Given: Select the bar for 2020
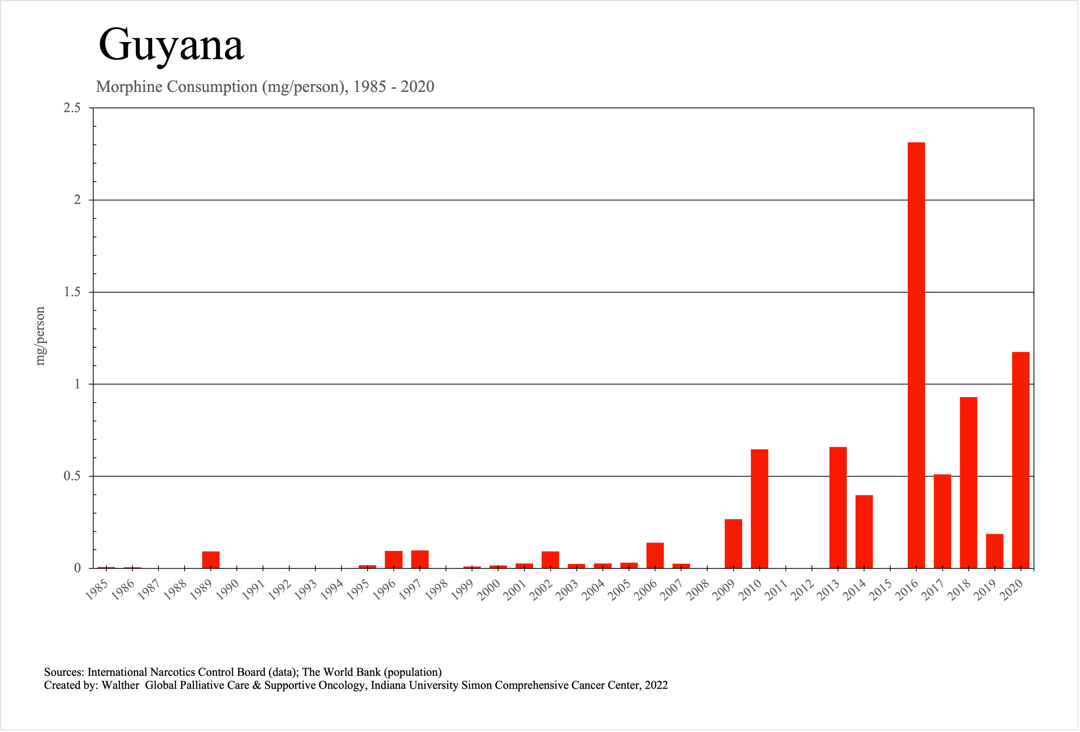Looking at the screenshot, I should point(1021,460).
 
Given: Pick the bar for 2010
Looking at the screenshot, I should point(759,509).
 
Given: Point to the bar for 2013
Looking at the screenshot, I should point(838,508).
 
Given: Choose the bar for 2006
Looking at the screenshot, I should point(655,555).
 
